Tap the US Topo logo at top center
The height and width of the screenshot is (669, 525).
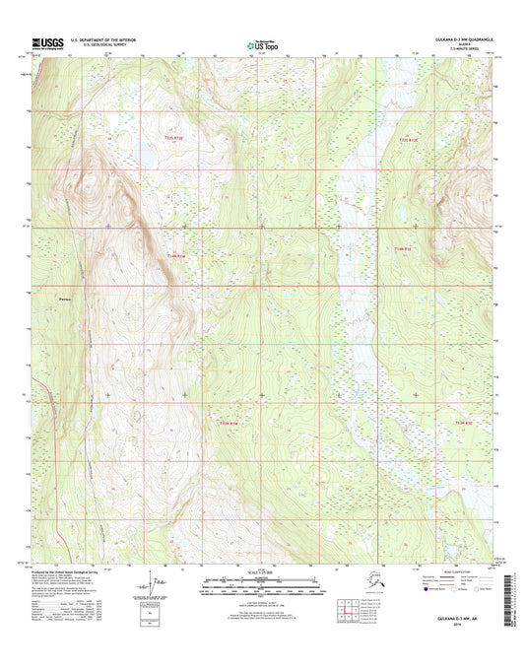tap(262, 43)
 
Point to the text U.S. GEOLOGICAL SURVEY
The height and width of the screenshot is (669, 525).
tap(95, 44)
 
